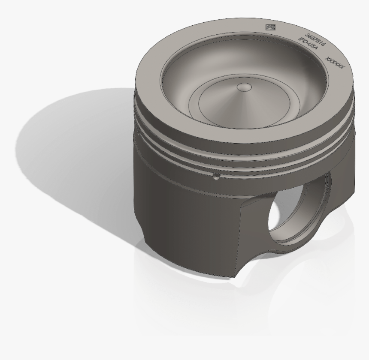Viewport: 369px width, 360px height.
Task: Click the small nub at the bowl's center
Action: coord(245,87)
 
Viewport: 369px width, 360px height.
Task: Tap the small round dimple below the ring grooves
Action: coord(217,177)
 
